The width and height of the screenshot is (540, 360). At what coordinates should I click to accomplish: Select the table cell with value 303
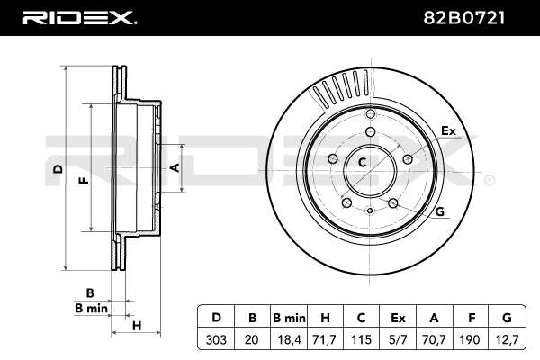(x=217, y=340)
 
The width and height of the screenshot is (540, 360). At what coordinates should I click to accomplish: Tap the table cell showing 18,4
(x=290, y=340)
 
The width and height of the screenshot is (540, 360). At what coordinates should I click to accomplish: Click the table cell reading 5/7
(x=399, y=340)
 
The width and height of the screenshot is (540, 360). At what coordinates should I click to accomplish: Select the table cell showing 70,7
(x=436, y=340)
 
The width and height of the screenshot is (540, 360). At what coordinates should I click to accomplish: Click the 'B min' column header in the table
(x=290, y=318)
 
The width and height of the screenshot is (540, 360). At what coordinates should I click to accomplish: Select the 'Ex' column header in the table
(x=399, y=318)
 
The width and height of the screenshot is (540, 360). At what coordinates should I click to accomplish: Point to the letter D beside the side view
(x=57, y=168)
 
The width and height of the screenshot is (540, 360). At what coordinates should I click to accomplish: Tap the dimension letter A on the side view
(x=176, y=168)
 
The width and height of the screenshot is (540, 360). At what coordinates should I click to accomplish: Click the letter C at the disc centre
(x=363, y=163)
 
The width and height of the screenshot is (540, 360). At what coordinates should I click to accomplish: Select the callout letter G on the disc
(x=440, y=211)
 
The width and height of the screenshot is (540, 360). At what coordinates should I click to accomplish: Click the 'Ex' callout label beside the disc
(x=449, y=131)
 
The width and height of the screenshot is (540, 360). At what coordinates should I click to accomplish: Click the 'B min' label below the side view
(x=90, y=308)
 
